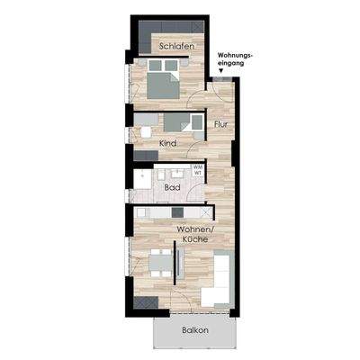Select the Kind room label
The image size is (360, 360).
coord(167,143)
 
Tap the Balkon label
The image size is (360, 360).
coord(194,329)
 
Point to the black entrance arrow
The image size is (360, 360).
coord(221,71)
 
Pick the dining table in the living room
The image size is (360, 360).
coord(159,263)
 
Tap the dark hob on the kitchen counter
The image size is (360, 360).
coord(176,213)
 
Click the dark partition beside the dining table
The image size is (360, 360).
coord(181,263)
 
